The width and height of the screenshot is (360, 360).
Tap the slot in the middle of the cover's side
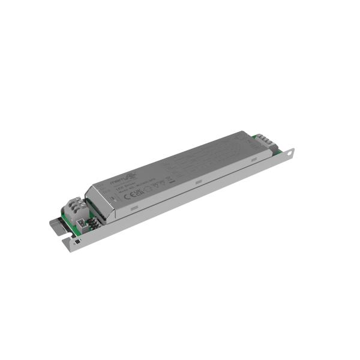point(197,181)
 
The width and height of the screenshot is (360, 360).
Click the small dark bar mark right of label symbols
point(170,179)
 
